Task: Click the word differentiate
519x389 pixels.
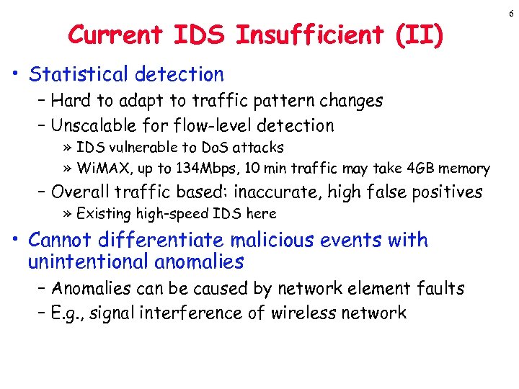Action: point(148,240)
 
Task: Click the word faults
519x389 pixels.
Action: point(440,289)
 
